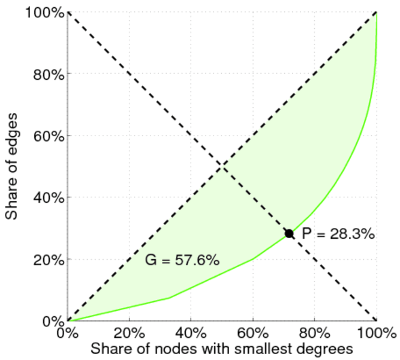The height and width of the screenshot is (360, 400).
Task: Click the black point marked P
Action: pyautogui.click(x=289, y=233)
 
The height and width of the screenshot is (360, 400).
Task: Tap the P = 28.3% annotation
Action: pyautogui.click(x=338, y=234)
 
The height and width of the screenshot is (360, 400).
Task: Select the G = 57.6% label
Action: pyautogui.click(x=182, y=260)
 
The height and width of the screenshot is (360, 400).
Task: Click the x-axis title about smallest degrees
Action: pyautogui.click(x=221, y=347)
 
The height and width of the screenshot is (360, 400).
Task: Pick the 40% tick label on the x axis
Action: pyautogui.click(x=191, y=332)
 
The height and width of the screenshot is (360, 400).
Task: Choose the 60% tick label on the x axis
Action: pyautogui.click(x=252, y=332)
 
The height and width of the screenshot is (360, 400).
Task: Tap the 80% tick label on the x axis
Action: pyautogui.click(x=314, y=332)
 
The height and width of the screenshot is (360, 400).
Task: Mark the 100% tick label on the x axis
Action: pyautogui.click(x=376, y=332)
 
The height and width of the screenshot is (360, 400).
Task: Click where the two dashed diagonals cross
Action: pyautogui.click(x=222, y=166)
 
